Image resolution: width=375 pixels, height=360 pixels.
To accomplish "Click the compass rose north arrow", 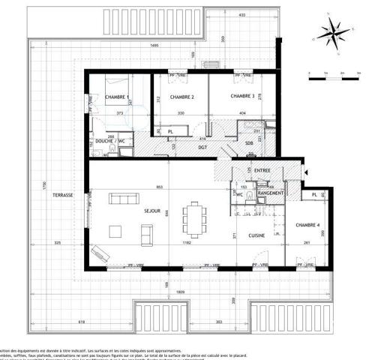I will click(x=331, y=32).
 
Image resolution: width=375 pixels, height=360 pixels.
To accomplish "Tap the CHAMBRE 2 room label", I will click(x=182, y=97).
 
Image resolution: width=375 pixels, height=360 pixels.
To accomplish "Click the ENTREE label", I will click(x=262, y=171).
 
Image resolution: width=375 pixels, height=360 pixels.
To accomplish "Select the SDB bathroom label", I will click(x=248, y=143).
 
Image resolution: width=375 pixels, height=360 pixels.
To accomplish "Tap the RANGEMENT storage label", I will click(x=270, y=193).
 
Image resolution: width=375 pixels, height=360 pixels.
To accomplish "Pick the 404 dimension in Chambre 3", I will click(x=241, y=113).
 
